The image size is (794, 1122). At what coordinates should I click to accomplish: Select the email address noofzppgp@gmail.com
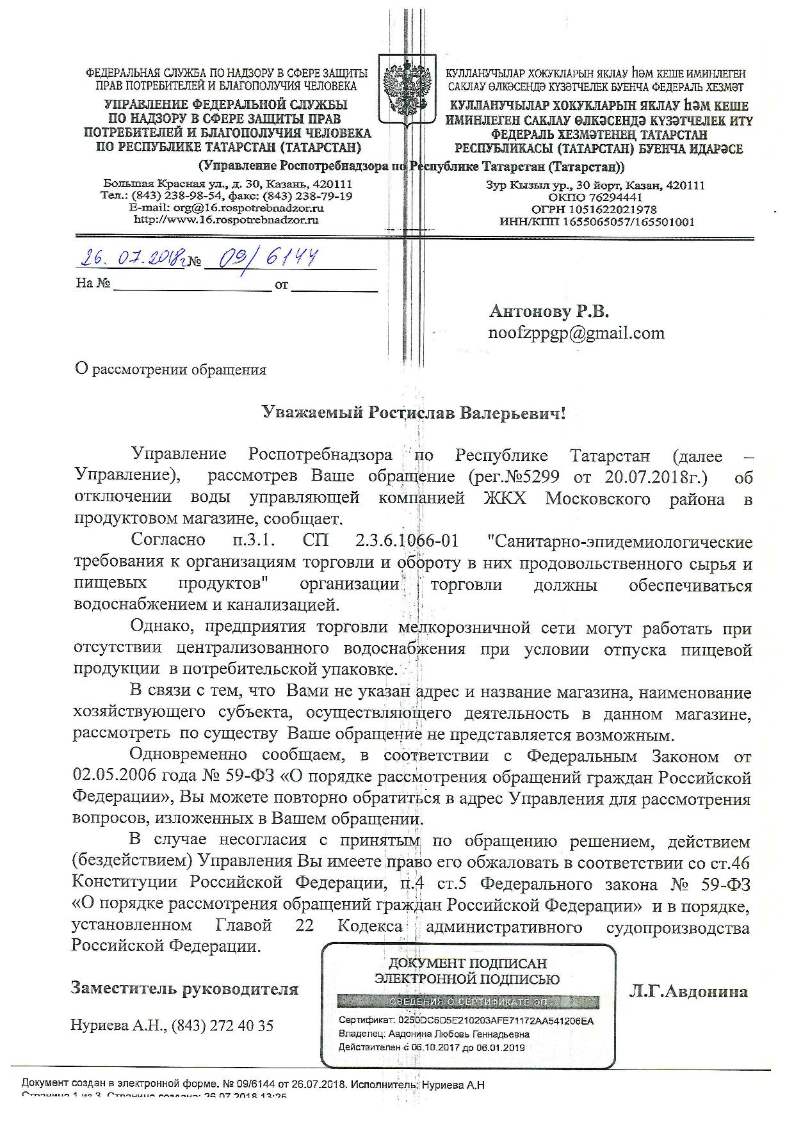coord(576,333)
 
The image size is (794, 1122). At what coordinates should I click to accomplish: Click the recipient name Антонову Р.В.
coord(549,312)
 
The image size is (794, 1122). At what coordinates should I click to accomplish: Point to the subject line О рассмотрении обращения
coord(170,369)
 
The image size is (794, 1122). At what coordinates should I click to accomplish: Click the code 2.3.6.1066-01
coord(407,541)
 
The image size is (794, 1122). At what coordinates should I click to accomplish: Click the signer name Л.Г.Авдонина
coord(689,991)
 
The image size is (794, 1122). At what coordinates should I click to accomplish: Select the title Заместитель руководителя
coord(184,988)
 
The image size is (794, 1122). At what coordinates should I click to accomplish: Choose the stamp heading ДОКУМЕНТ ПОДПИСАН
coord(467,963)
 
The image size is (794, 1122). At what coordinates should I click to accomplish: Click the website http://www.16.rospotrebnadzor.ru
coord(226,220)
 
